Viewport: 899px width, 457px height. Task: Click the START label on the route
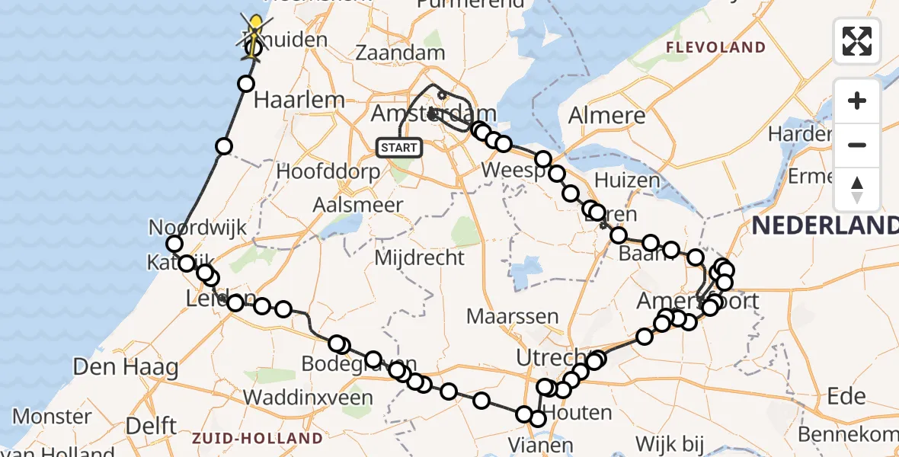(x=399, y=147)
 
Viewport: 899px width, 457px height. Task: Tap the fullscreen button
(x=857, y=40)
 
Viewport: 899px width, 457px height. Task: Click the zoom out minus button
(x=857, y=145)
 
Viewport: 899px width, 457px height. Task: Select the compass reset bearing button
(x=857, y=190)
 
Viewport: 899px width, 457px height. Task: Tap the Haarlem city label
(x=299, y=100)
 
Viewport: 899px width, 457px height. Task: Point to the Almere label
(x=607, y=116)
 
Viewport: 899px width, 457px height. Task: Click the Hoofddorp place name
(x=328, y=171)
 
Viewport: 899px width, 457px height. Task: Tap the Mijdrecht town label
(x=419, y=257)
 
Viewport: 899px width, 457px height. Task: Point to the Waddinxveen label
(x=308, y=398)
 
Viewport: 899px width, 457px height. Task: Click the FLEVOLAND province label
(x=715, y=48)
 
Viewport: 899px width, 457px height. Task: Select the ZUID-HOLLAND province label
(x=258, y=438)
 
